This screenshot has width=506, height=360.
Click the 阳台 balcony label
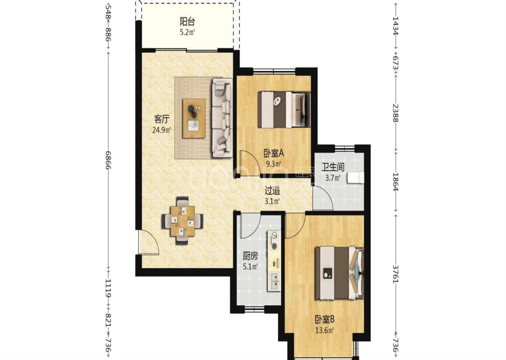[187, 22]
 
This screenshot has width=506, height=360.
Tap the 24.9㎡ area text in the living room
[161, 130]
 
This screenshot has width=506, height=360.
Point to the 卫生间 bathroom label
[333, 167]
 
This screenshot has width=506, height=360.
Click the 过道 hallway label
[272, 191]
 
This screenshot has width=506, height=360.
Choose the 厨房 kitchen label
[250, 256]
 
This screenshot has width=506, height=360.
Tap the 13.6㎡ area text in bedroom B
[324, 330]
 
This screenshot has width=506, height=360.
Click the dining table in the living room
[183, 221]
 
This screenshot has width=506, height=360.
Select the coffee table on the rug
[194, 118]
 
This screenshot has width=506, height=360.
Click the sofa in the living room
[222, 118]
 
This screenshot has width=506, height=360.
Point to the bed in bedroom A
[284, 110]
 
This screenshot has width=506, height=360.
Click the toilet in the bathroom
[356, 178]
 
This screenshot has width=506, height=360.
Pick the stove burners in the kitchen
[274, 241]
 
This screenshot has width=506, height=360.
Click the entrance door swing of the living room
[148, 243]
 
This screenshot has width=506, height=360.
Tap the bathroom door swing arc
[322, 198]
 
